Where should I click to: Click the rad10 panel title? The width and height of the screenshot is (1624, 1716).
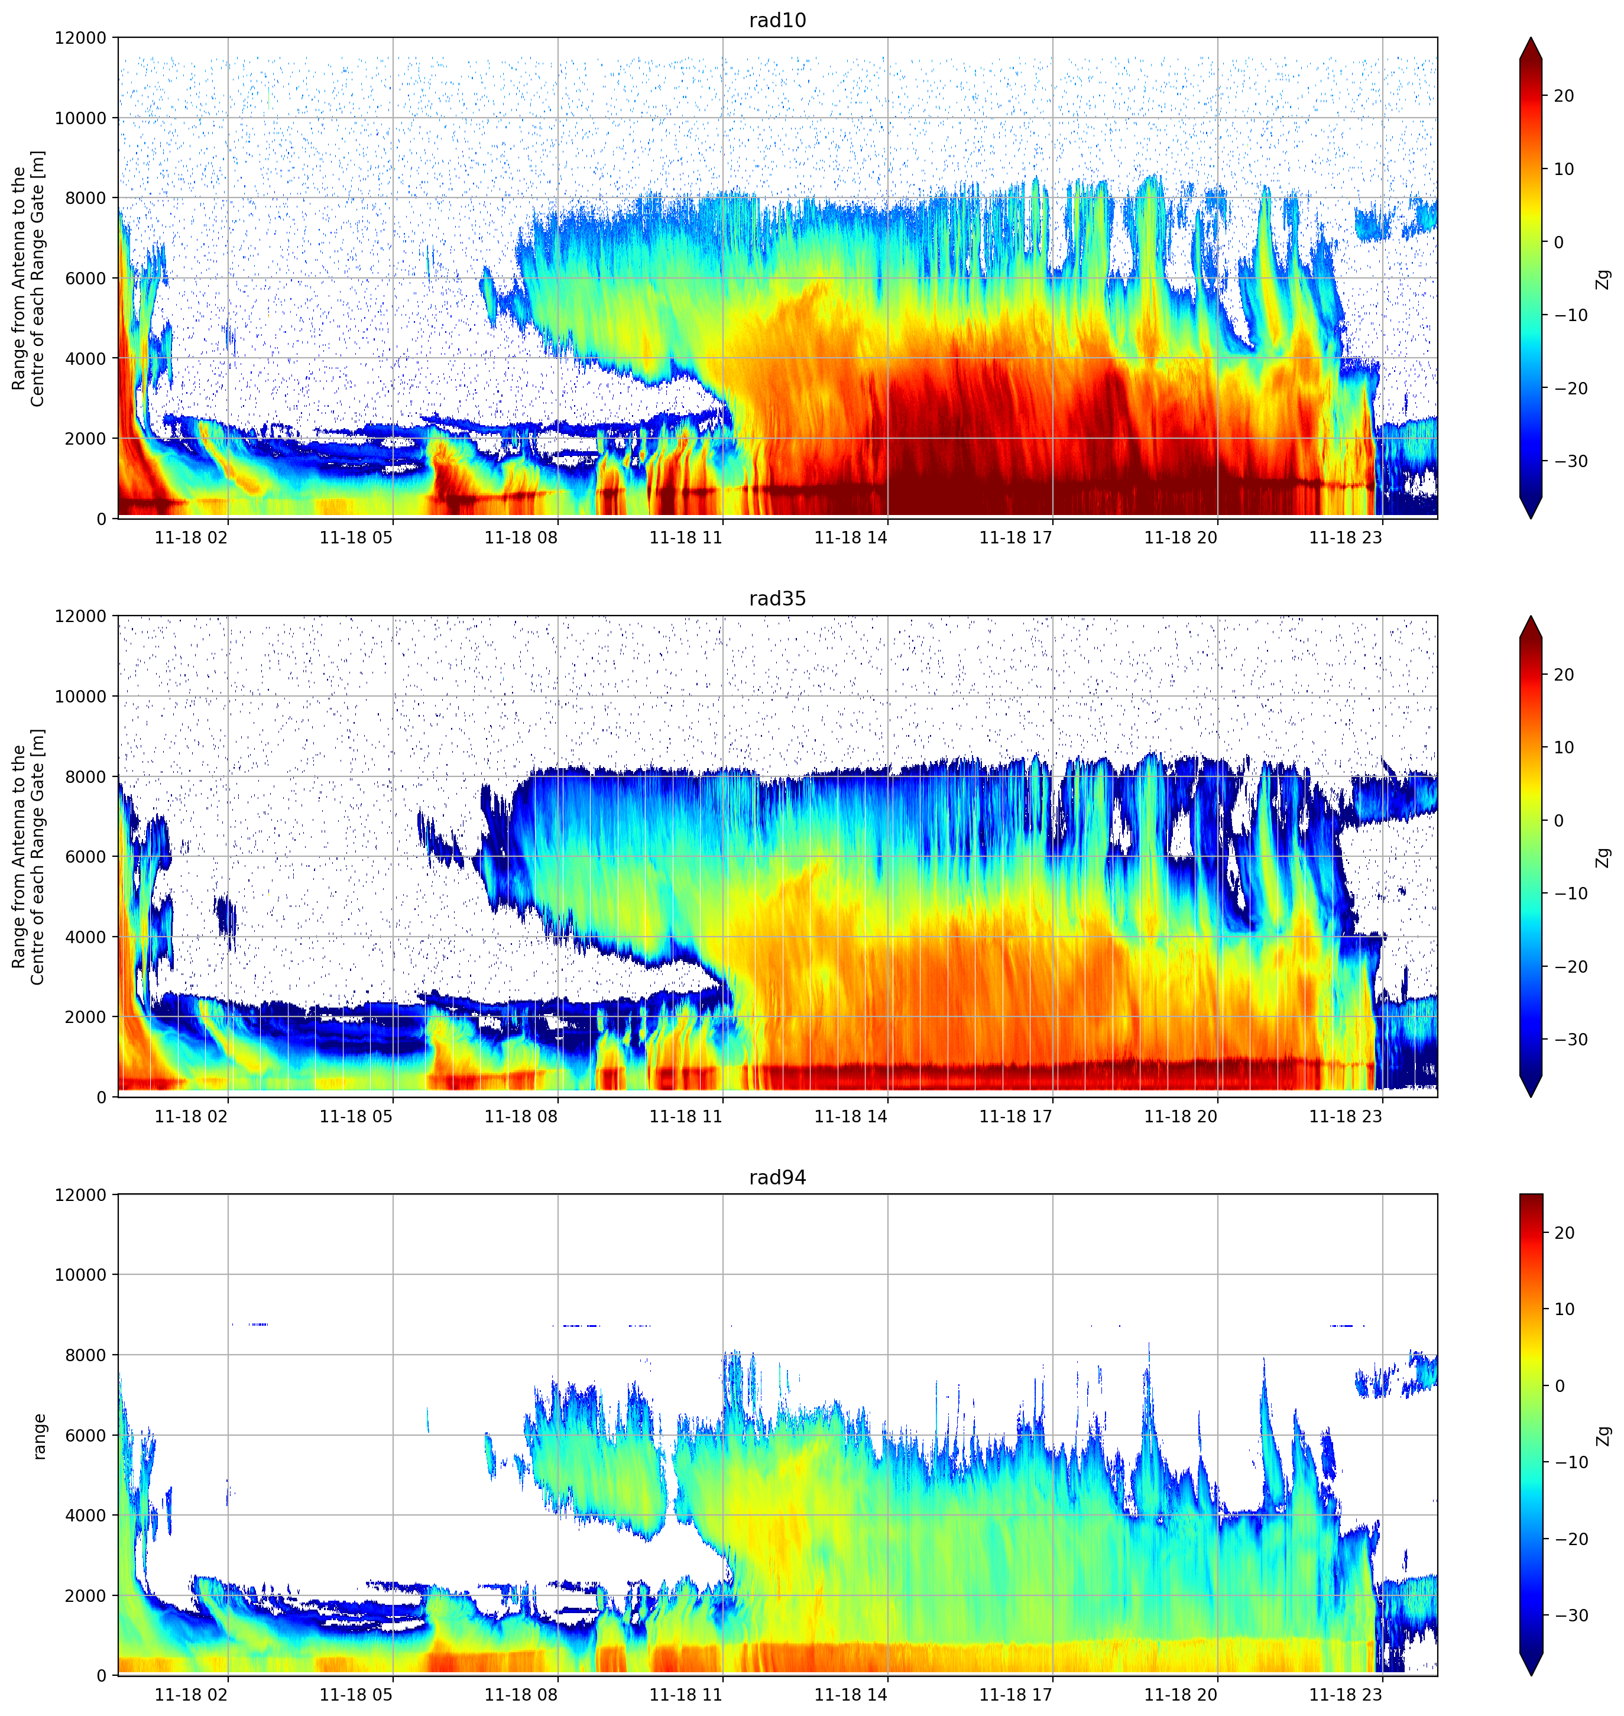click(777, 20)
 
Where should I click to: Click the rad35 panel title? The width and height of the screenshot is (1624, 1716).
click(777, 599)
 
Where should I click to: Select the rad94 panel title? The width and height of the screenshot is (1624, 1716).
click(777, 1177)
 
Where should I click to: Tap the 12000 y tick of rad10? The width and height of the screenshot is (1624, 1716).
click(80, 38)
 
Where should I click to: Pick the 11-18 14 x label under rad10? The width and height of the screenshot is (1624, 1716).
click(851, 538)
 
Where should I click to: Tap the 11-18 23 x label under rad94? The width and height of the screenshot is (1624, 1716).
click(1346, 1694)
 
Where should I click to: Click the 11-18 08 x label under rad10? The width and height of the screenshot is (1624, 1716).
click(521, 538)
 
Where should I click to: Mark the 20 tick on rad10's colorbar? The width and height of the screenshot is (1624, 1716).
click(1563, 96)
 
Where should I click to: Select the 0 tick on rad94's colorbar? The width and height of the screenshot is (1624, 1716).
click(1559, 1386)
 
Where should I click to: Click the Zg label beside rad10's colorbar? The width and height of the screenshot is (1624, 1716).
click(1604, 279)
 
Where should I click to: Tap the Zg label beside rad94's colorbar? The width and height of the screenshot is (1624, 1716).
click(1604, 1436)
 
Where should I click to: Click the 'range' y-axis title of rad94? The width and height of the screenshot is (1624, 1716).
click(39, 1436)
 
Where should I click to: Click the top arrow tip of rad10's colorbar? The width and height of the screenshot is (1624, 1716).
click(1531, 38)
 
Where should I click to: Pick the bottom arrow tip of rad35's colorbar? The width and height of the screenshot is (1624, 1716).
click(1531, 1096)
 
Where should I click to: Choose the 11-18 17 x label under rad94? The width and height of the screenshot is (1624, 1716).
click(1016, 1694)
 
